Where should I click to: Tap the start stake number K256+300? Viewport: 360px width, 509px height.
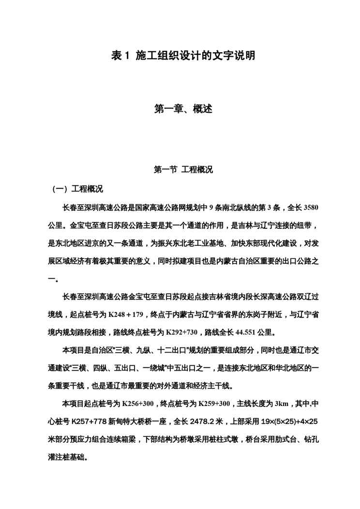click(138, 404)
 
